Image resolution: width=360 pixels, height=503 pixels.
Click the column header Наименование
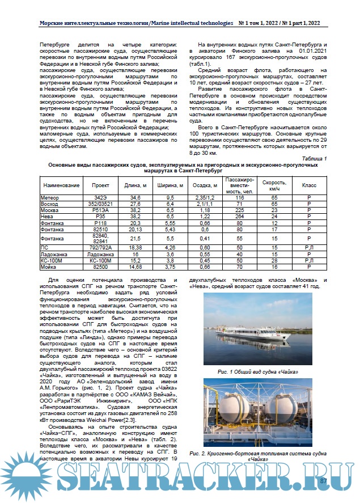(61, 185)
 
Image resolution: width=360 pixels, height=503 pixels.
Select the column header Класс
(309, 185)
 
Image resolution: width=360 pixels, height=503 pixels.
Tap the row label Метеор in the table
(50, 197)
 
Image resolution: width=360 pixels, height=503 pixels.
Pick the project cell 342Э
(101, 197)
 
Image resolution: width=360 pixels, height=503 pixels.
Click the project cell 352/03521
(101, 203)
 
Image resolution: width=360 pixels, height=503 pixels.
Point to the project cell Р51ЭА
(101, 210)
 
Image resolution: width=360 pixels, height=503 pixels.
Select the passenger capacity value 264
(239, 217)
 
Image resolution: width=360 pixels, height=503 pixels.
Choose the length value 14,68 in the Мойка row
(135, 267)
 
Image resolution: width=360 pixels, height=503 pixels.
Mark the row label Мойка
(49, 267)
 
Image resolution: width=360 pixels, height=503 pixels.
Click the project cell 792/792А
(101, 248)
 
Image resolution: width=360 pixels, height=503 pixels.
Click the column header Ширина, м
(170, 185)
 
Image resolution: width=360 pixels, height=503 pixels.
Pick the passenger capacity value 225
(239, 210)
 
